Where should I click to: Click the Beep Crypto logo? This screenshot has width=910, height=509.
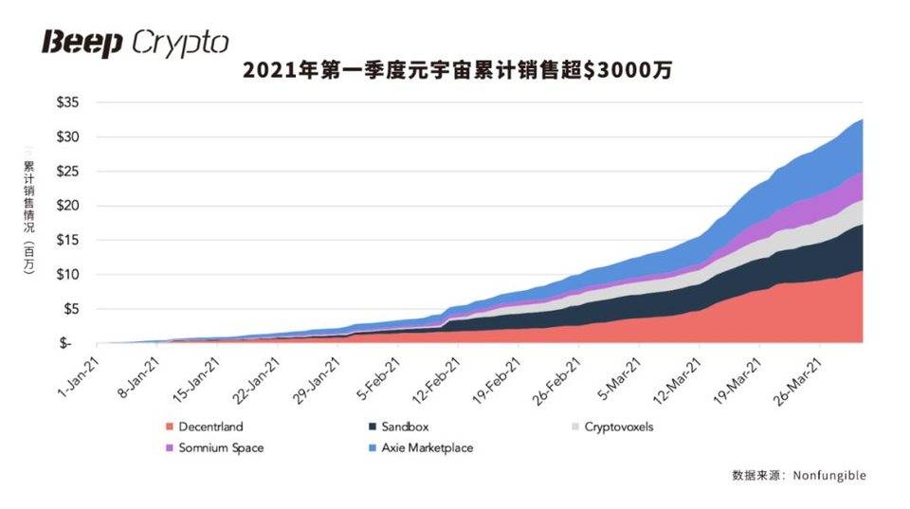click(134, 42)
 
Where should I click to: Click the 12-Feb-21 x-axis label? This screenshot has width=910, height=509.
click(439, 378)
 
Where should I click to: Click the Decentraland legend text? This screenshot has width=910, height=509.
click(209, 427)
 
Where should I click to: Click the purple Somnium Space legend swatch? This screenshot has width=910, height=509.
click(170, 447)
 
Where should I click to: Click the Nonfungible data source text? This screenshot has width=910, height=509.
click(831, 475)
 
